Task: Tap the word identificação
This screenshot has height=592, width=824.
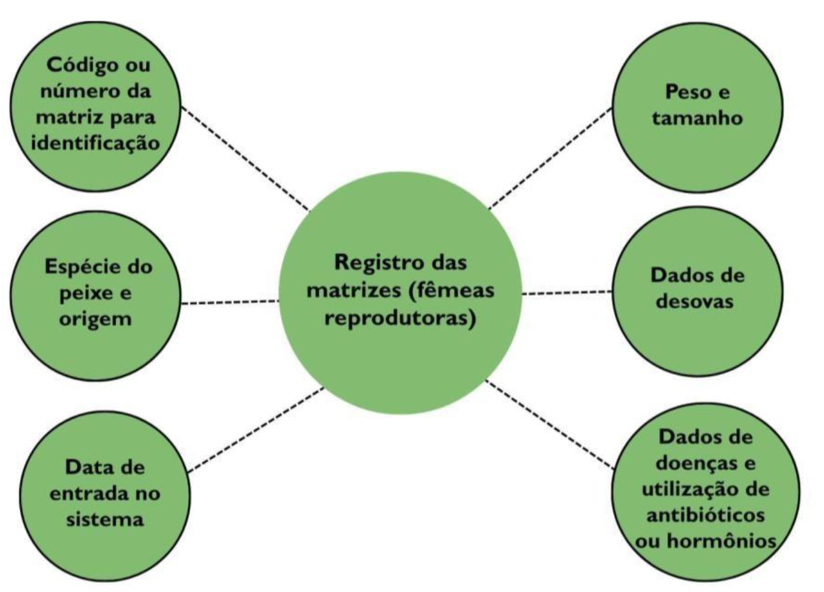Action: pos(96,143)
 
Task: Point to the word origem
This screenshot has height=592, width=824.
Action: pos(95,319)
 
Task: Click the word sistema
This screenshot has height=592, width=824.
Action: pos(105,520)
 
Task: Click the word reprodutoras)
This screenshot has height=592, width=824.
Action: pos(400,318)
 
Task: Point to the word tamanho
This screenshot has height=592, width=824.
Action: pos(697,117)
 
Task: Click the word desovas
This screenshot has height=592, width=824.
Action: pos(695,301)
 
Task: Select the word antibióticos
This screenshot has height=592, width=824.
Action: pos(705,515)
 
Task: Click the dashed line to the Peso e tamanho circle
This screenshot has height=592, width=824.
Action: pos(551,158)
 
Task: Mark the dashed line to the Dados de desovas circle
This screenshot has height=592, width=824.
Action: pos(567,293)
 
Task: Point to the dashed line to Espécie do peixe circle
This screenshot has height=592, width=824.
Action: pos(230,302)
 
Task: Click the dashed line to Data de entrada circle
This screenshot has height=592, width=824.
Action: pos(256,429)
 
